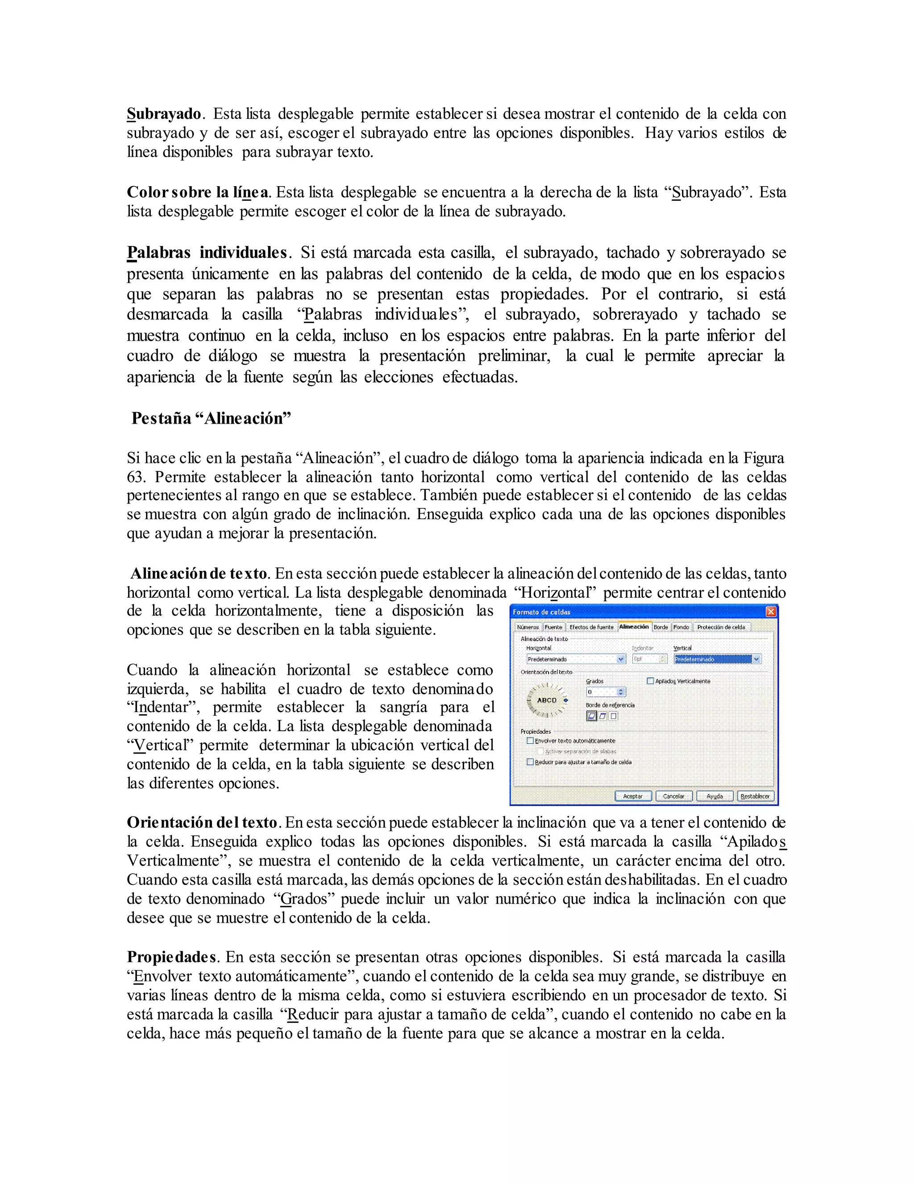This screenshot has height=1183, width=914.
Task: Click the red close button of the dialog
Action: click(x=770, y=612)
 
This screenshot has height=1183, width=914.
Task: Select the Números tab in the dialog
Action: click(x=528, y=627)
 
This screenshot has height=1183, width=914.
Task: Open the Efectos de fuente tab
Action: click(x=591, y=627)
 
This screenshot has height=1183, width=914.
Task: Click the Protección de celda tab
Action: click(x=721, y=627)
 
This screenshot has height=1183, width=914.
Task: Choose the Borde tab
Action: click(x=661, y=627)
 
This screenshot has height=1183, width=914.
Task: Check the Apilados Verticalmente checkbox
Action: click(x=650, y=681)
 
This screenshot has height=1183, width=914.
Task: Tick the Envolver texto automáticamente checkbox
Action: click(x=530, y=741)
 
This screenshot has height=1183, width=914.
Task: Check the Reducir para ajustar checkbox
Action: click(x=530, y=762)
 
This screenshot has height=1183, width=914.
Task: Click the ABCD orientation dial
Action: click(x=546, y=700)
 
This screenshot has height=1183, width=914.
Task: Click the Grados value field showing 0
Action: click(x=601, y=691)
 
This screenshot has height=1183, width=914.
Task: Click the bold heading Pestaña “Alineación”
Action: click(x=211, y=418)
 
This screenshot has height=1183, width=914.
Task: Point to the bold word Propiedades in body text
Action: click(x=171, y=957)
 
